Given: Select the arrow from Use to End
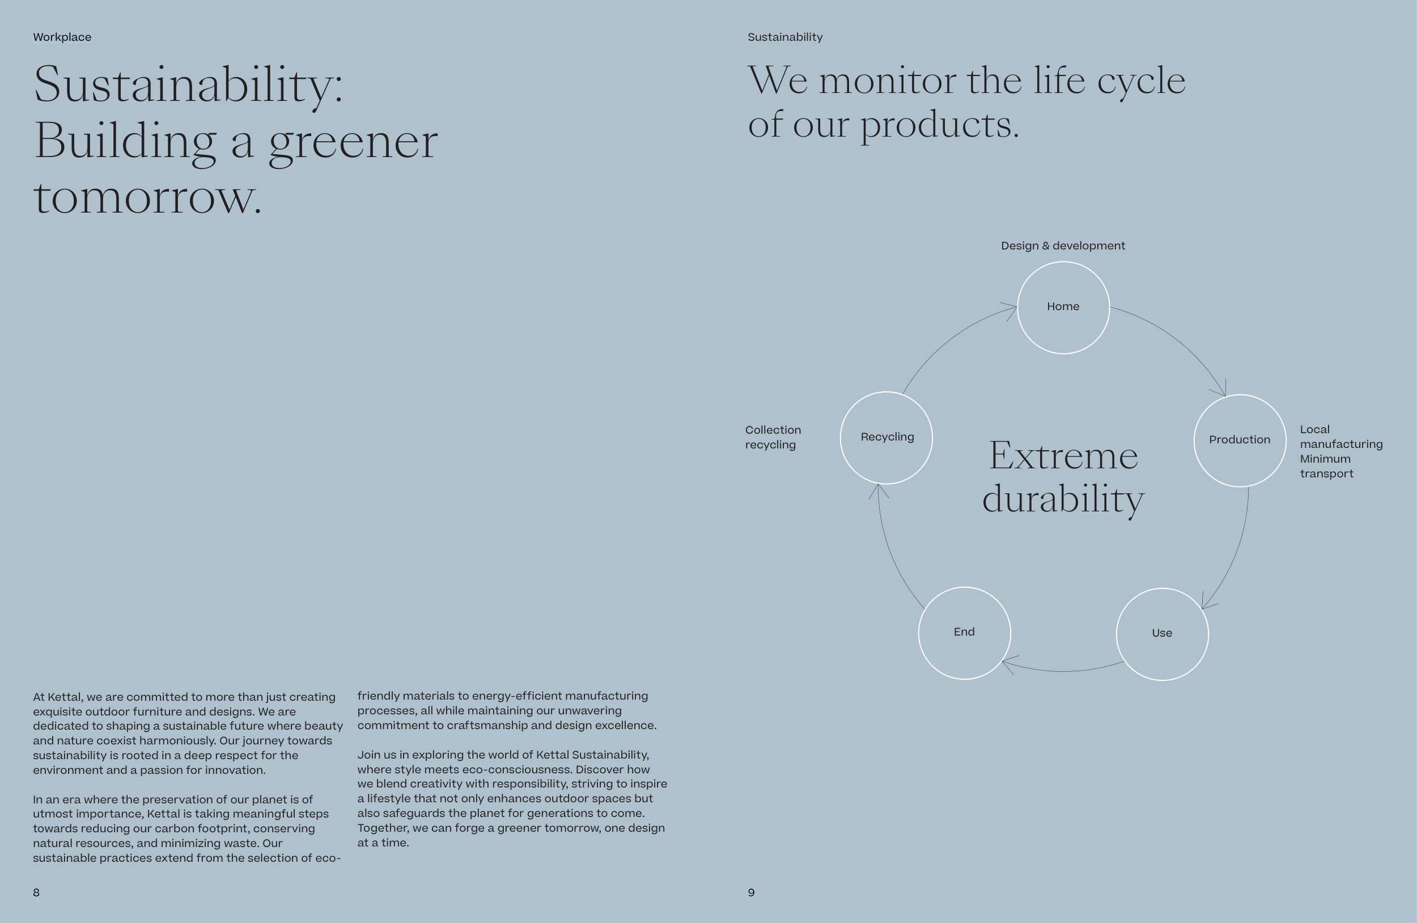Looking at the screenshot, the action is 1063,671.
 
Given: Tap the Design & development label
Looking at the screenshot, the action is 1063,246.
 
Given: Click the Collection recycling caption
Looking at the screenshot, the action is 773,437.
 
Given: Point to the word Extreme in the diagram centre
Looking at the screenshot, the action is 1063,455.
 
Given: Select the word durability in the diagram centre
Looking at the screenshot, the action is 1063,499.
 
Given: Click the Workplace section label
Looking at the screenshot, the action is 62,37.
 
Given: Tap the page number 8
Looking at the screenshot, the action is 36,892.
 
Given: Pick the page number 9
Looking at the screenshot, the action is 752,892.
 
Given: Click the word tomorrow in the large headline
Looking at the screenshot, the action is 147,198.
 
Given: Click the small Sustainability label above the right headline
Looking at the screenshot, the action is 784,37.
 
